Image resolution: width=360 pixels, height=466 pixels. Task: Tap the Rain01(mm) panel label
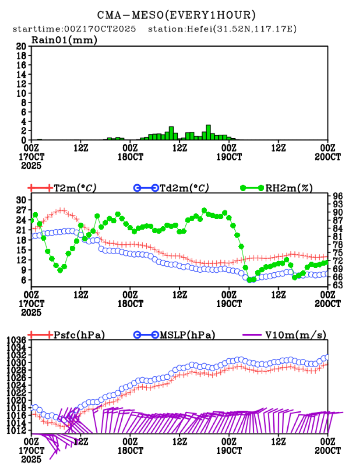point(64,40)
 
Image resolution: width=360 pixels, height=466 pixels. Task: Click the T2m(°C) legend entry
point(74,188)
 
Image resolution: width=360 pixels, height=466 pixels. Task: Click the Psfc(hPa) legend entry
point(79,335)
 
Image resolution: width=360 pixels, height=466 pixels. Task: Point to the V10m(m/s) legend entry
point(295,335)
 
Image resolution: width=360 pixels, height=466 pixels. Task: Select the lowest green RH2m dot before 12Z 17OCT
point(60,270)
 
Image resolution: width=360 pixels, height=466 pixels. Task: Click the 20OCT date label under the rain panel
point(328,156)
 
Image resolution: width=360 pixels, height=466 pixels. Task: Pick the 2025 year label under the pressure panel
point(34,459)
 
